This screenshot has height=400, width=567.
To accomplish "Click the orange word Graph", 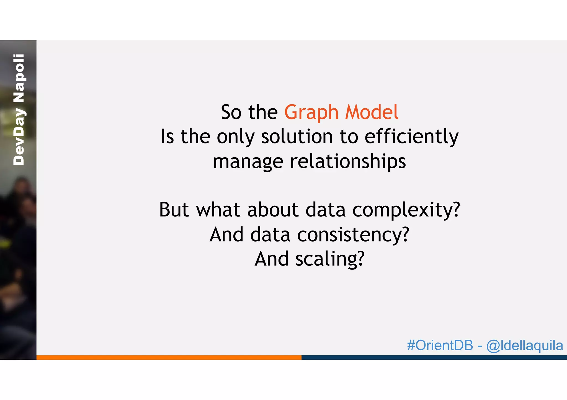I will pyautogui.click(x=311, y=113).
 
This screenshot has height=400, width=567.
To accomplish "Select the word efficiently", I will pyautogui.click(x=411, y=137).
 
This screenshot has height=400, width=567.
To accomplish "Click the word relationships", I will pyautogui.click(x=348, y=162).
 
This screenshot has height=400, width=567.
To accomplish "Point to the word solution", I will pyautogui.click(x=297, y=137).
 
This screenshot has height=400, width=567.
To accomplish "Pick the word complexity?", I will pyautogui.click(x=406, y=210).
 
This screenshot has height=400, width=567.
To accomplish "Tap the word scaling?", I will pyautogui.click(x=330, y=259).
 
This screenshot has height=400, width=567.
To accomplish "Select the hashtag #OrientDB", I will pyautogui.click(x=440, y=345).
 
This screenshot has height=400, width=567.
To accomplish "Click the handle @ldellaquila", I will pyautogui.click(x=524, y=346).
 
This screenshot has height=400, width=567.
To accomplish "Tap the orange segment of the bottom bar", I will pyautogui.click(x=169, y=357).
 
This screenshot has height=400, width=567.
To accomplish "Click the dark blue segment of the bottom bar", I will pyautogui.click(x=434, y=357).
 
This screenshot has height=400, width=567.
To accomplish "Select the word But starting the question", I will pyautogui.click(x=174, y=210).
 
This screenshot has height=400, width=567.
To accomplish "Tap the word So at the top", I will pyautogui.click(x=231, y=112).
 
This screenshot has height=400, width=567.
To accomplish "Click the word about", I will pyautogui.click(x=273, y=210).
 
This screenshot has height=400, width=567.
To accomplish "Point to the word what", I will pyautogui.click(x=218, y=210).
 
